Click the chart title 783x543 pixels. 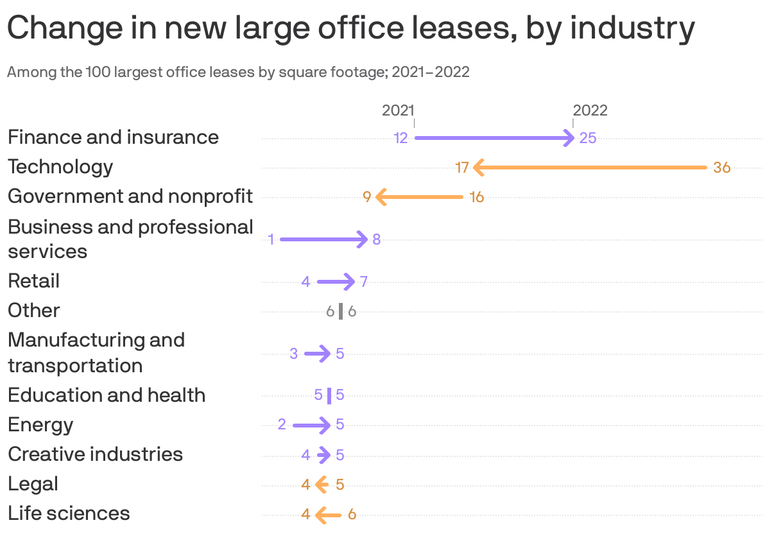coord(350,28)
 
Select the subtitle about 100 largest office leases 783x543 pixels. coord(238,72)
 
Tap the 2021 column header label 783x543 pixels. coord(398,110)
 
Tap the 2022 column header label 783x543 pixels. coord(590,110)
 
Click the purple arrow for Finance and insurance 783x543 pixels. coord(494,138)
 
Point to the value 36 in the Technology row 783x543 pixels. coord(722,168)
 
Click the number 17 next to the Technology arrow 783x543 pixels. coord(462,168)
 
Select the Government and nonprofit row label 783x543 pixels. coord(130,196)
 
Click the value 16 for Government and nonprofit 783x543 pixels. coord(476,197)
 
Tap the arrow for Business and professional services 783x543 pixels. coord(324,239)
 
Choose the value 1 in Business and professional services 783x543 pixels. coord(271,239)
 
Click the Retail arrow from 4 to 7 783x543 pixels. coord(336,282)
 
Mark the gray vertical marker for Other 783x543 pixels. coord(341,311)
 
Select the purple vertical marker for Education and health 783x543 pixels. coord(329,395)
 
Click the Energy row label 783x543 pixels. coord(40,425)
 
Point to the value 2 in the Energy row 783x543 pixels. coord(282,425)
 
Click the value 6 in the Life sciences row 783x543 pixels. coord(352,514)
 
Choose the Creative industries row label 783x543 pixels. coord(95,454)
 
